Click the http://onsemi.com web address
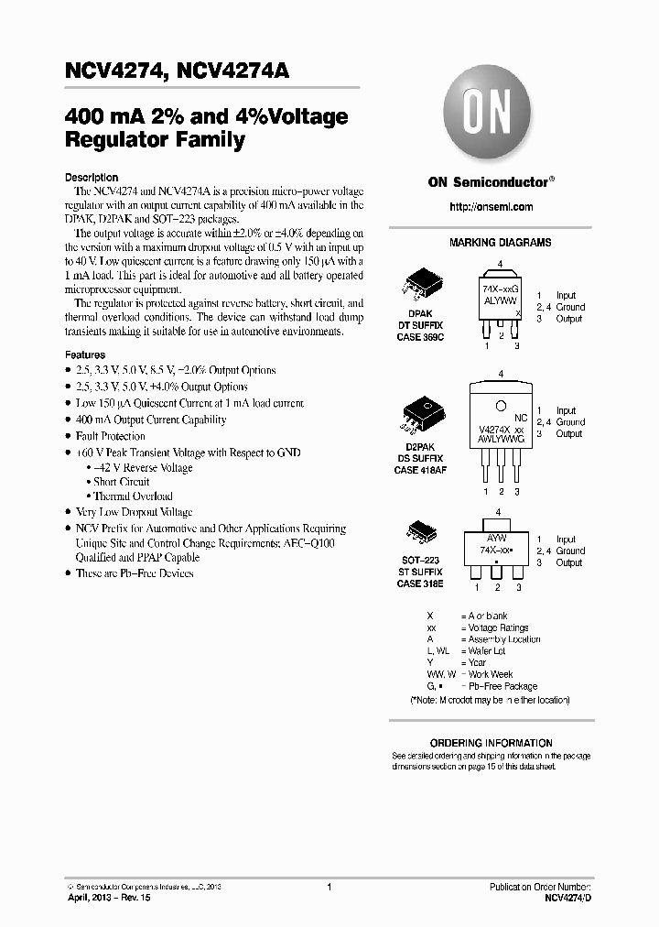(491, 207)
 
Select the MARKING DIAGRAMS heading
(500, 243)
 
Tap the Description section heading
(92, 178)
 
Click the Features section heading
(85, 354)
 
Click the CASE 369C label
(420, 337)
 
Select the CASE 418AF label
(420, 470)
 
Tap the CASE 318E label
(420, 583)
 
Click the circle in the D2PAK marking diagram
(501, 406)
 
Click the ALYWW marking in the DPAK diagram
(499, 300)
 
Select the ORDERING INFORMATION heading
(491, 743)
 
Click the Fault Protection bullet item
(111, 436)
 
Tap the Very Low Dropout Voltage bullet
(134, 512)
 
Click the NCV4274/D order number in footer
(567, 900)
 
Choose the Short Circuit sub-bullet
(122, 482)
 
